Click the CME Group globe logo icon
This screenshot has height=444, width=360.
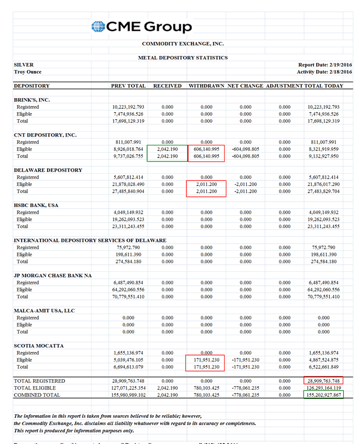[x=98, y=27]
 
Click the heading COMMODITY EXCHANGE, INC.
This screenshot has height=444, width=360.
[x=182, y=43]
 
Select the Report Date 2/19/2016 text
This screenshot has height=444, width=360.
[x=325, y=65]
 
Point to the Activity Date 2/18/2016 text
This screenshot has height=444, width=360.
[x=324, y=72]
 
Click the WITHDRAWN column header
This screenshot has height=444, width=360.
[x=206, y=86]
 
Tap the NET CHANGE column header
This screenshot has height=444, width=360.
[x=245, y=86]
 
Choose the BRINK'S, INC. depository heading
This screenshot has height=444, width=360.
[x=32, y=100]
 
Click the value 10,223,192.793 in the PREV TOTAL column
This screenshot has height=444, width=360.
[x=128, y=107]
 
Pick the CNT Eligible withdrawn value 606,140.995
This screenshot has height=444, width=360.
[x=206, y=149]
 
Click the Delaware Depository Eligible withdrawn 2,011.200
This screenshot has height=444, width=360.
[x=206, y=184]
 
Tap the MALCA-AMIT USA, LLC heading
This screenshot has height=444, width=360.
[x=44, y=311]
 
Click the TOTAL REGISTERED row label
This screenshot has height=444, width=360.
[x=39, y=381]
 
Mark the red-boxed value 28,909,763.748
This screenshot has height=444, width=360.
[x=323, y=381]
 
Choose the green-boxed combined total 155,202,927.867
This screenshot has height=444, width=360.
[x=323, y=395]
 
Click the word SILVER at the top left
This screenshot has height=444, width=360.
[x=23, y=65]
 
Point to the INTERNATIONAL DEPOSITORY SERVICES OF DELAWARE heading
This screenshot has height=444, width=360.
[x=89, y=240]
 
